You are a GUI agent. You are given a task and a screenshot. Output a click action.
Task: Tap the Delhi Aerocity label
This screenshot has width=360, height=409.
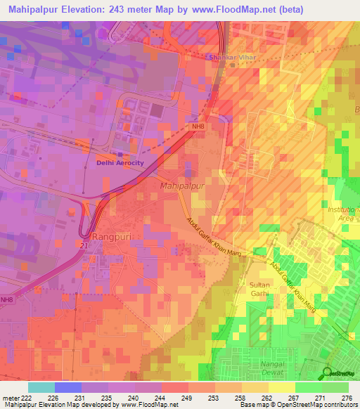[x=120, y=162]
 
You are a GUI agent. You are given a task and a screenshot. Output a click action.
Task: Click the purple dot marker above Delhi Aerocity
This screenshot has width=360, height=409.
[x=120, y=155]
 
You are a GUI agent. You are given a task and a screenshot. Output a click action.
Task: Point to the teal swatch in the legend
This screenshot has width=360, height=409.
[x=41, y=387]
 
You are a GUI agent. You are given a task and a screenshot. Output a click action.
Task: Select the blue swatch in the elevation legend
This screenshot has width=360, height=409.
[x=67, y=387]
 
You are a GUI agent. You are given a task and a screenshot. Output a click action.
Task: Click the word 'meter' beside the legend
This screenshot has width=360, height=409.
[x=8, y=397]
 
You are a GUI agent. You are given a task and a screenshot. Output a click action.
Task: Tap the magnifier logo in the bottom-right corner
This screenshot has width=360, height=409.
[x=328, y=372]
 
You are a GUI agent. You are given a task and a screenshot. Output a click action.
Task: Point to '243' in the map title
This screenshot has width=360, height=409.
[x=115, y=9]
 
